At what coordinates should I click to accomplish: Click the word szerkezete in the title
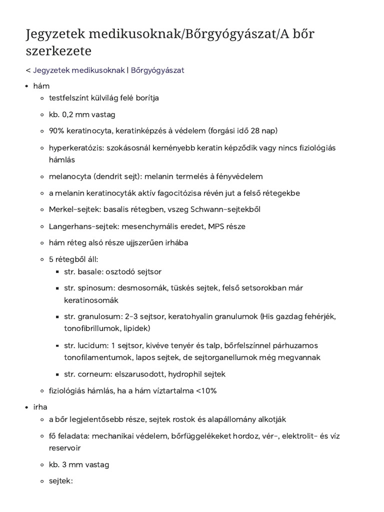tap(58, 51)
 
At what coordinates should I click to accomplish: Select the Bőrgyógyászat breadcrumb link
tap(157, 70)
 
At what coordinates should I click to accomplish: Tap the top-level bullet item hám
tap(41, 86)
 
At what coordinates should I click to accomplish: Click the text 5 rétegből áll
tap(73, 259)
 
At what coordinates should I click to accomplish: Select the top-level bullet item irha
tap(40, 407)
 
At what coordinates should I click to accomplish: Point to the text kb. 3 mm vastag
tap(79, 464)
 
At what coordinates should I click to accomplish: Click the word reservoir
tap(64, 448)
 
